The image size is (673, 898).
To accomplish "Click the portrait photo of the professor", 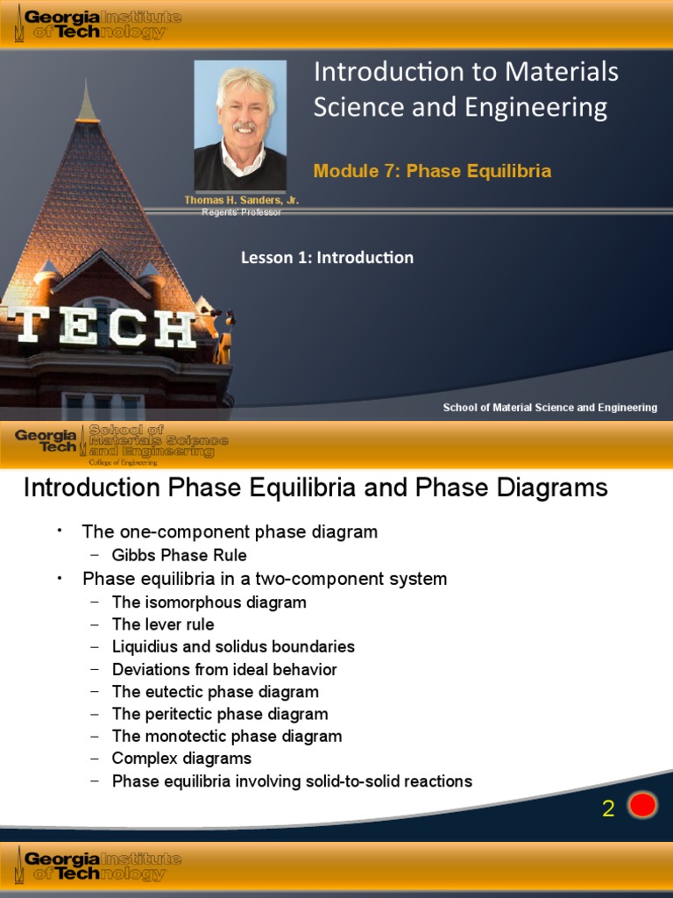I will click(240, 125).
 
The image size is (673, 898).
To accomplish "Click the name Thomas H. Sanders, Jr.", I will click(241, 201).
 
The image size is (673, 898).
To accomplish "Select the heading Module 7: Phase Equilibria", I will click(432, 171).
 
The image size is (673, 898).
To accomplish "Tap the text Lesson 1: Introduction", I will click(327, 258).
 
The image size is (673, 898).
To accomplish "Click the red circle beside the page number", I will click(642, 805).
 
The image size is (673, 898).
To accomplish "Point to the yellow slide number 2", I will click(608, 809).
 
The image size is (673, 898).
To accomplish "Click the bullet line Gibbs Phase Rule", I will click(179, 555).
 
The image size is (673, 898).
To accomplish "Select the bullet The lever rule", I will click(163, 624).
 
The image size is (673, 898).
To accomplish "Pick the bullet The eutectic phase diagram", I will click(215, 692).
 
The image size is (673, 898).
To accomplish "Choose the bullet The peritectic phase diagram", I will click(220, 714).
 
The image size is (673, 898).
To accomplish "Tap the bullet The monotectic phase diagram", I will click(227, 737).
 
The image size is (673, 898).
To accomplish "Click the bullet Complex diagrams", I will click(181, 759).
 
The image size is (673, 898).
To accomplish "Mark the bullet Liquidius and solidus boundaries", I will click(233, 647).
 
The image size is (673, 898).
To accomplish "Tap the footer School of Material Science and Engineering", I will click(549, 408).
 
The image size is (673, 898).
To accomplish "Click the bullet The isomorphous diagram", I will click(209, 602).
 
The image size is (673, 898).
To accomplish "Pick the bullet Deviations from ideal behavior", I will click(224, 670).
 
